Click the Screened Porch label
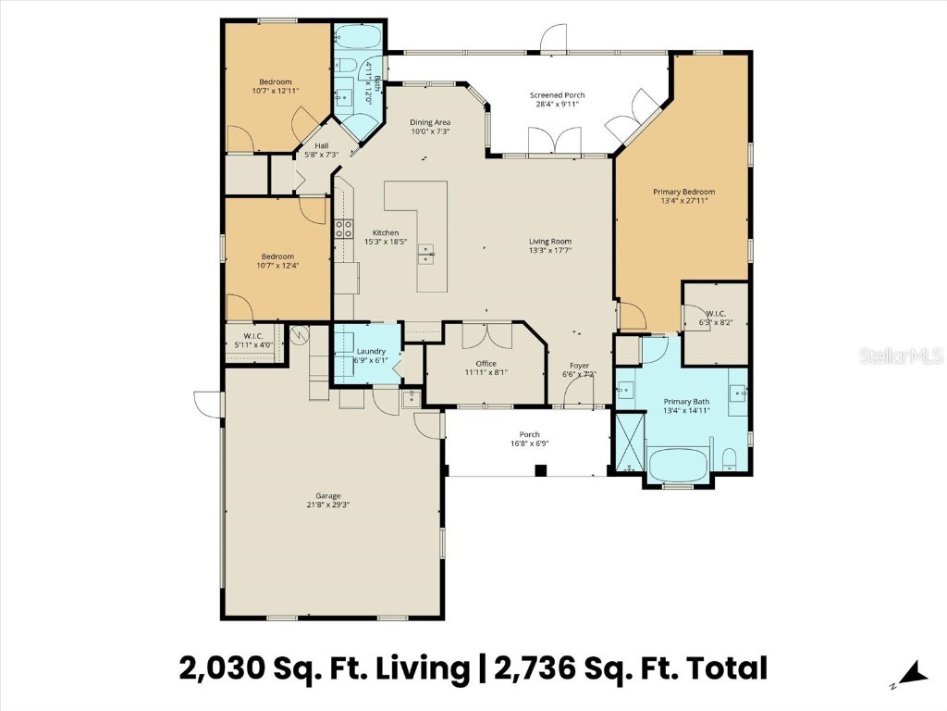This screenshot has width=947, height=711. [557, 95]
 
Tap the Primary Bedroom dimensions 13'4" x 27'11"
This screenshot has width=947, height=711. [683, 201]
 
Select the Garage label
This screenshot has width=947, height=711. [321, 496]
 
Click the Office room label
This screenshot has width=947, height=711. [486, 364]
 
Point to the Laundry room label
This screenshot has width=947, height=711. [370, 352]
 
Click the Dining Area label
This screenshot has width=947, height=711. [430, 122]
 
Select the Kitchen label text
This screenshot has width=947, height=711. [386, 232]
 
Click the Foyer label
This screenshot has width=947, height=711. [579, 365]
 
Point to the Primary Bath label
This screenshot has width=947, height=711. [685, 402]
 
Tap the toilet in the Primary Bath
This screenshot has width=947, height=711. [730, 458]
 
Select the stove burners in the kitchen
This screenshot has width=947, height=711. [344, 229]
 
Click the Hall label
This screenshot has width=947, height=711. [322, 145]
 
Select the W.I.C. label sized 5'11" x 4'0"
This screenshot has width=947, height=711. [253, 341]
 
